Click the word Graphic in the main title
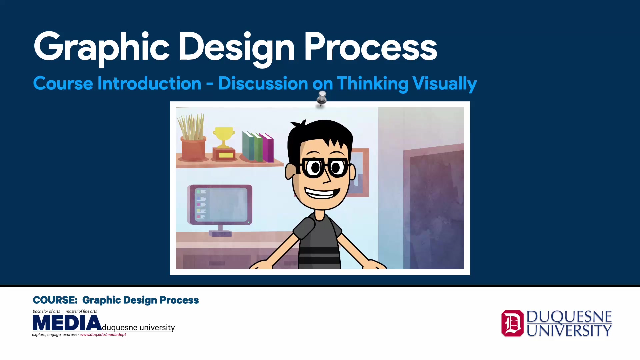click(102, 47)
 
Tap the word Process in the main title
click(370, 47)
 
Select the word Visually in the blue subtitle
click(444, 83)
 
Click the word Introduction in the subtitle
click(149, 83)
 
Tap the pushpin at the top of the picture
click(322, 98)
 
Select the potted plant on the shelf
click(192, 140)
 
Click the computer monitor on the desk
click(220, 205)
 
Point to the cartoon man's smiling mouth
click(322, 193)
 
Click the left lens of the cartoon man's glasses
click(313, 168)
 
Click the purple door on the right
click(433, 207)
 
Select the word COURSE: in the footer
click(55, 300)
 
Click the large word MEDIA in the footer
click(67, 323)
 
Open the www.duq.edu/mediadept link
click(103, 335)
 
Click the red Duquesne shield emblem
click(512, 323)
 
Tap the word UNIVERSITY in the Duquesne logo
click(569, 331)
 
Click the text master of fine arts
click(81, 311)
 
